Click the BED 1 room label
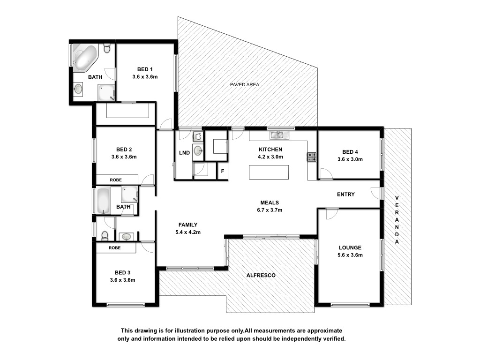coord(145,69)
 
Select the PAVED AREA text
coord(245,84)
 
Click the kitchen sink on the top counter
coord(279,135)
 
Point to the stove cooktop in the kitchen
coord(312,157)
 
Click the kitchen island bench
coord(269,172)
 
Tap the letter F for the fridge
coord(223,171)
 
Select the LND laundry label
coord(184,153)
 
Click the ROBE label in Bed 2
coord(116,180)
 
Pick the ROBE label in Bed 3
coord(114,247)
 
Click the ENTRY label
coord(345,195)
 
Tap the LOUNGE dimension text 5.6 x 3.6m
coord(350,255)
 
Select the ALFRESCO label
coord(261,275)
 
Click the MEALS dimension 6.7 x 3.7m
coord(270,210)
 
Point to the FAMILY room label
coord(188,225)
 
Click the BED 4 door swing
coord(326,173)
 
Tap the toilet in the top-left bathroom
coord(107,48)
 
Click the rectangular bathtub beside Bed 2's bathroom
coord(103,201)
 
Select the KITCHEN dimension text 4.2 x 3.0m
coord(270,157)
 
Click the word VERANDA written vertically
coord(397,220)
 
